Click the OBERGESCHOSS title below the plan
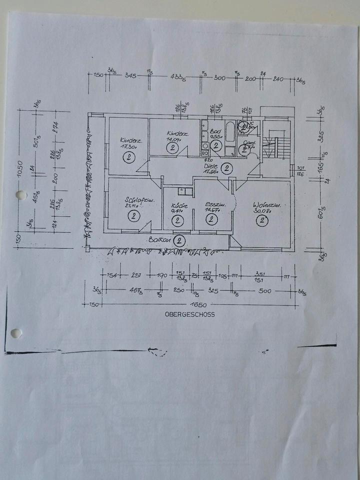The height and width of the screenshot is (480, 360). pyautogui.click(x=189, y=314)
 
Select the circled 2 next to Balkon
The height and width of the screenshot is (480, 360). pyautogui.click(x=179, y=241)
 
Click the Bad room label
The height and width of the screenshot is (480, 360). pyautogui.click(x=215, y=130)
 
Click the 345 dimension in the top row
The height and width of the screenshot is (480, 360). pyautogui.click(x=131, y=76)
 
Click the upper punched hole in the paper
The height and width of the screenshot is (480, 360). pyautogui.click(x=21, y=195)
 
